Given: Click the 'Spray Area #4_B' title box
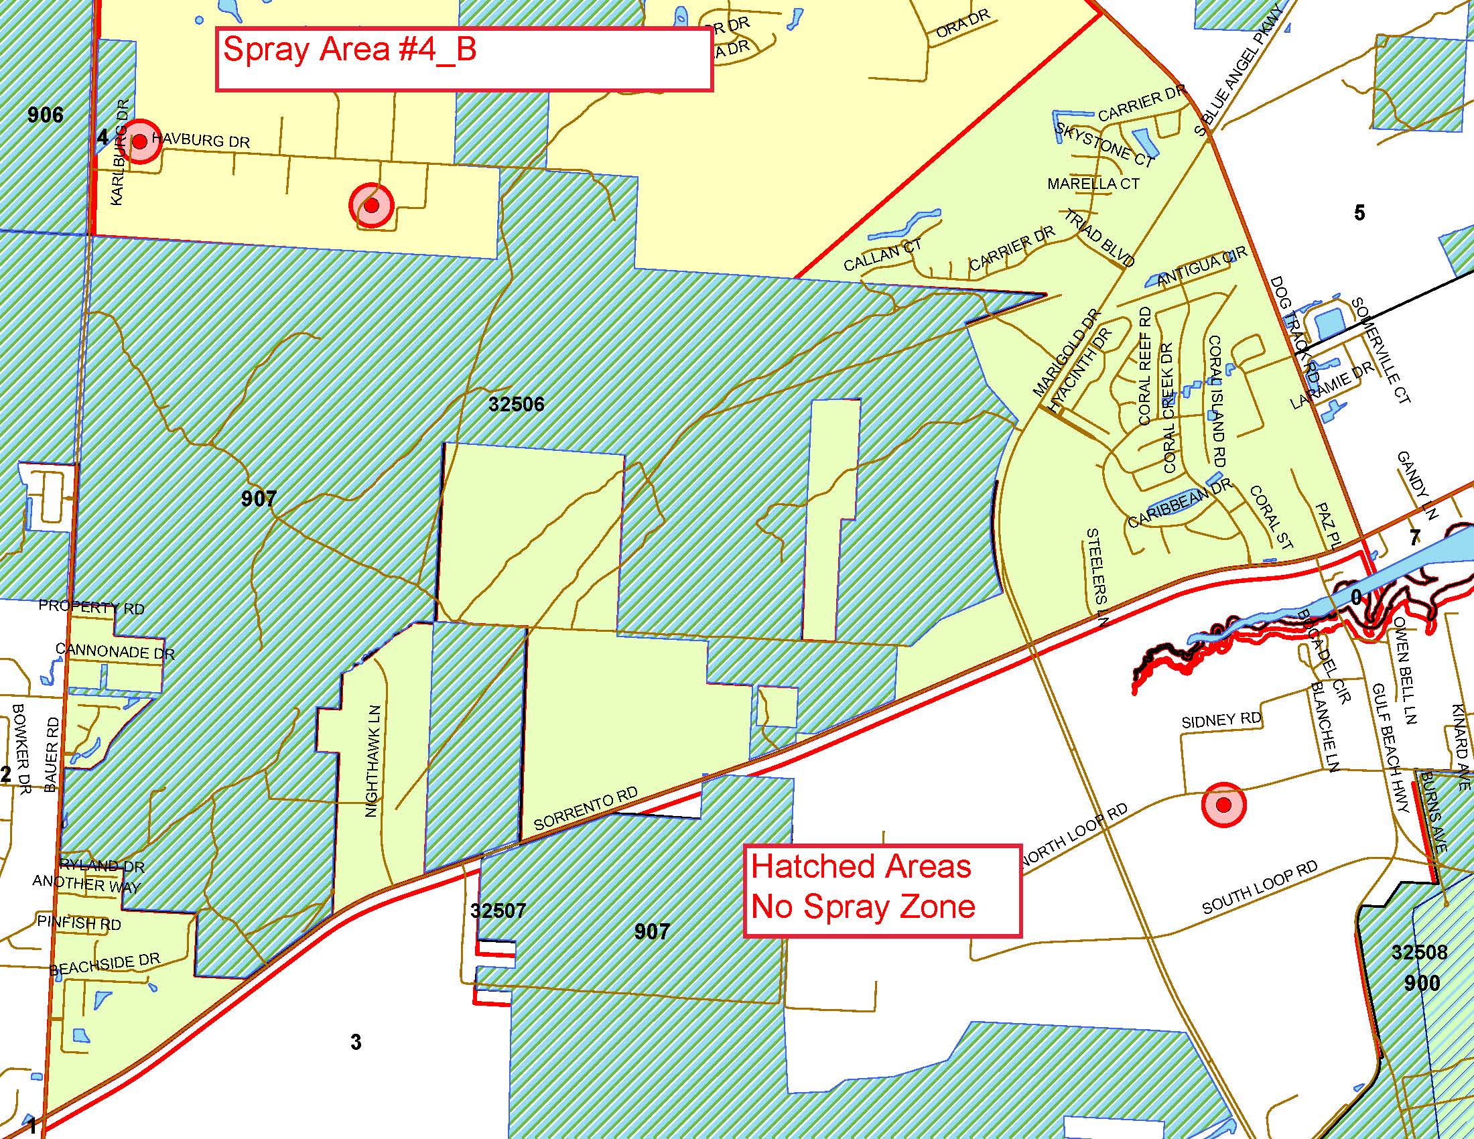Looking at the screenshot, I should [464, 59].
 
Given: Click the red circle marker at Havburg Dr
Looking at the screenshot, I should [140, 141].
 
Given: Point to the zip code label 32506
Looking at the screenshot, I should [517, 404].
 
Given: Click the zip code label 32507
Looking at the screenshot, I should [498, 911].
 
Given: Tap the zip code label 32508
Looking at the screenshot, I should [1419, 951].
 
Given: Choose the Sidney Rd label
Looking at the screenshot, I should [1221, 720].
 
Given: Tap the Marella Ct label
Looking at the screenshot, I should [1093, 184].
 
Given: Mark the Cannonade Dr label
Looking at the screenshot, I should [115, 652].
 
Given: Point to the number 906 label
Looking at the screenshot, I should [45, 115].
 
